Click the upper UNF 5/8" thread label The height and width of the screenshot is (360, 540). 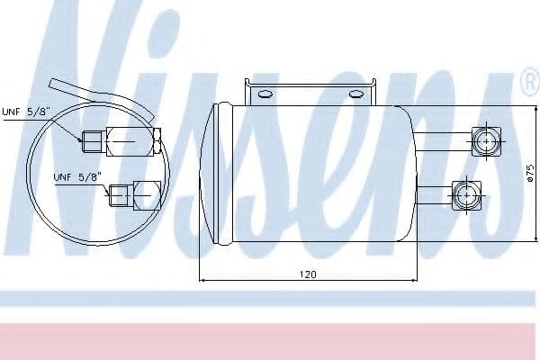tap(26, 112)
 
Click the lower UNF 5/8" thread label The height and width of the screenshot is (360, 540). tap(77, 177)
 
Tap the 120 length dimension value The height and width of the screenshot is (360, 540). tap(308, 274)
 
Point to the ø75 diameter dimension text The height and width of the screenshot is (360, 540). tap(531, 173)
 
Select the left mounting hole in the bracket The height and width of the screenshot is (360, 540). tap(265, 94)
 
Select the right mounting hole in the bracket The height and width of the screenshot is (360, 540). tap(355, 94)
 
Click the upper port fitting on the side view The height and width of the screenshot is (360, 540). tap(486, 141)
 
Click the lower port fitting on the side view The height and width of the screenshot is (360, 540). tap(466, 195)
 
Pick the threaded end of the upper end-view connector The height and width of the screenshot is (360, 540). tap(92, 142)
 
